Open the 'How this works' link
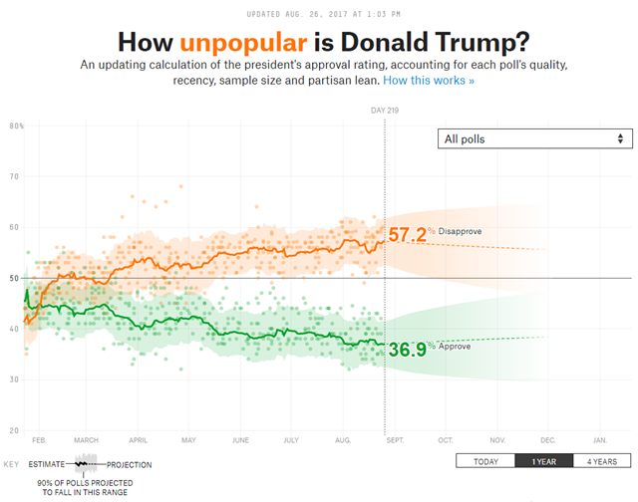(429, 80)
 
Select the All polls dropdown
(535, 138)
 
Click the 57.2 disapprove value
(407, 235)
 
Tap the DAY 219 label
(386, 111)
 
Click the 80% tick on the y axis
(17, 125)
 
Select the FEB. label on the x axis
(39, 439)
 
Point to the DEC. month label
(547, 439)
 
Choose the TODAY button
(485, 461)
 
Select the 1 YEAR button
(545, 461)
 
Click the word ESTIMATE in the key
(47, 465)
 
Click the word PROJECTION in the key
(130, 465)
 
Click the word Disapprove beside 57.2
(460, 232)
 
